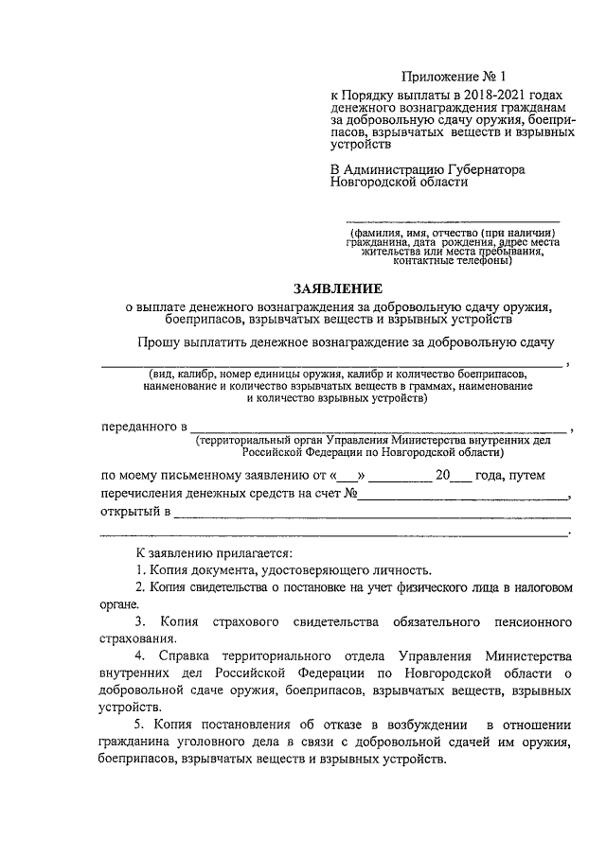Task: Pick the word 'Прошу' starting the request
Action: pos(154,342)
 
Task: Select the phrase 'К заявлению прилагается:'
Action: pos(213,552)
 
